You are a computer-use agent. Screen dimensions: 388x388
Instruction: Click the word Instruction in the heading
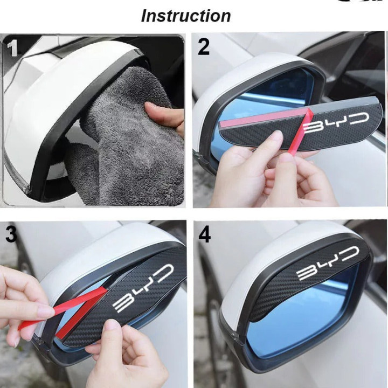pos(185,16)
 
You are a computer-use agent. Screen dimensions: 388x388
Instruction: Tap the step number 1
pos(12,48)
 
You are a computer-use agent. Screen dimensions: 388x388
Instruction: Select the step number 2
pos(203,47)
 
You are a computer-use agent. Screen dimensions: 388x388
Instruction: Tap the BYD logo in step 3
pos(143,287)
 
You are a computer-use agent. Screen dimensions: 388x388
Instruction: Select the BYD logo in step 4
pos(328,264)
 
